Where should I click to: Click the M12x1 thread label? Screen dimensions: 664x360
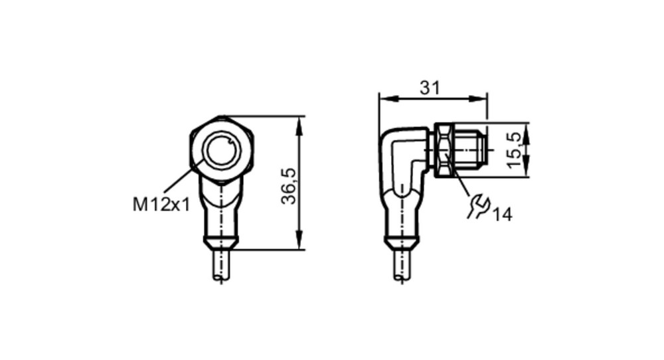tap(161, 205)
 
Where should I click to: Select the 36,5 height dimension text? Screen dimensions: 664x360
tap(290, 186)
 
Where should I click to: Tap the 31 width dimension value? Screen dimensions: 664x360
tap(430, 88)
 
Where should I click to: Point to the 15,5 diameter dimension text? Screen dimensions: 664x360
tap(514, 150)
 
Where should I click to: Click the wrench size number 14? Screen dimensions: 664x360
tap(502, 215)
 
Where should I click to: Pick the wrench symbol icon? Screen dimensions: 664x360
tap(477, 206)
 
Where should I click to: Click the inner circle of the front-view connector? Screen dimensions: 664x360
tap(222, 151)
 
